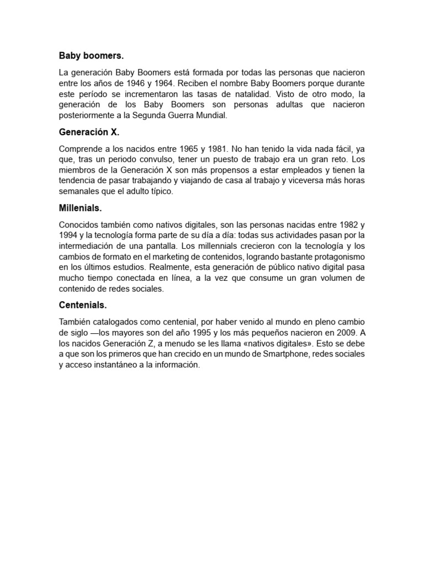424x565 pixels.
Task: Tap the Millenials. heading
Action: [81, 209]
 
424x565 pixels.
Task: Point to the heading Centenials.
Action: [83, 305]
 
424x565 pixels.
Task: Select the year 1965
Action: [189, 149]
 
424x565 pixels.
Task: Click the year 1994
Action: [68, 236]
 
